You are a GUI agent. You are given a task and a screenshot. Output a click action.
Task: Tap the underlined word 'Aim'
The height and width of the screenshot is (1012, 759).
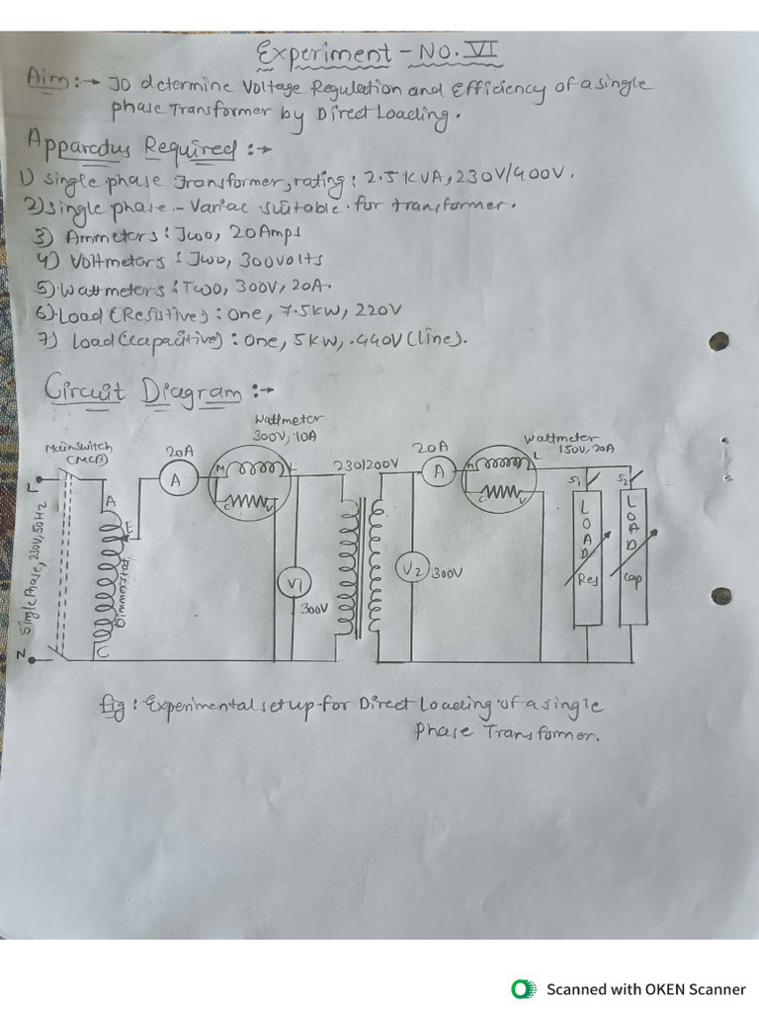click(x=45, y=77)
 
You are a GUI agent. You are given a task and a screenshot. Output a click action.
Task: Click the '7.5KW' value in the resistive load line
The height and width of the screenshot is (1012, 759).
click(x=302, y=313)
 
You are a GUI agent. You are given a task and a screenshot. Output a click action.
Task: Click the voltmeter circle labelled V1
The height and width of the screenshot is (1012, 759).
click(x=294, y=584)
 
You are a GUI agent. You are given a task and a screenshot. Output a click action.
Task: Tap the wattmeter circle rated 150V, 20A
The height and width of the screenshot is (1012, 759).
click(x=500, y=481)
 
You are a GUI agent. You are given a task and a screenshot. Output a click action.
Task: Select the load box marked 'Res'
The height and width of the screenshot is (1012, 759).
click(x=588, y=554)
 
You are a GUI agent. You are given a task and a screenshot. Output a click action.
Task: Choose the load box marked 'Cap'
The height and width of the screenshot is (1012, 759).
click(x=632, y=554)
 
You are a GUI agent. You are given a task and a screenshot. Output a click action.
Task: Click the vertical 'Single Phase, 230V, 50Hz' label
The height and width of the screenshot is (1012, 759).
click(x=29, y=569)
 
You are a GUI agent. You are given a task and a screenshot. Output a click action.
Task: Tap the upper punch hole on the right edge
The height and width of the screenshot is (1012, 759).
click(x=719, y=341)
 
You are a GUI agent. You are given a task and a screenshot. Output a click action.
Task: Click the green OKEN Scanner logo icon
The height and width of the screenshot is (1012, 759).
click(x=522, y=988)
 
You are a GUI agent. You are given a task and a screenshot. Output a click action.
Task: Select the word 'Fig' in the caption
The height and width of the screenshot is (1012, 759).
click(x=112, y=705)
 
